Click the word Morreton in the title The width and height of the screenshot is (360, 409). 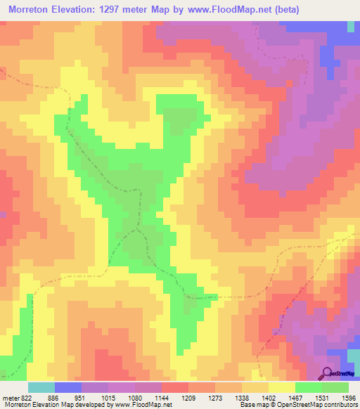point(32,10)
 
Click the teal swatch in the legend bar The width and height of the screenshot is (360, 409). point(41,387)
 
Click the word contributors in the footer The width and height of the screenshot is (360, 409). point(341,405)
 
